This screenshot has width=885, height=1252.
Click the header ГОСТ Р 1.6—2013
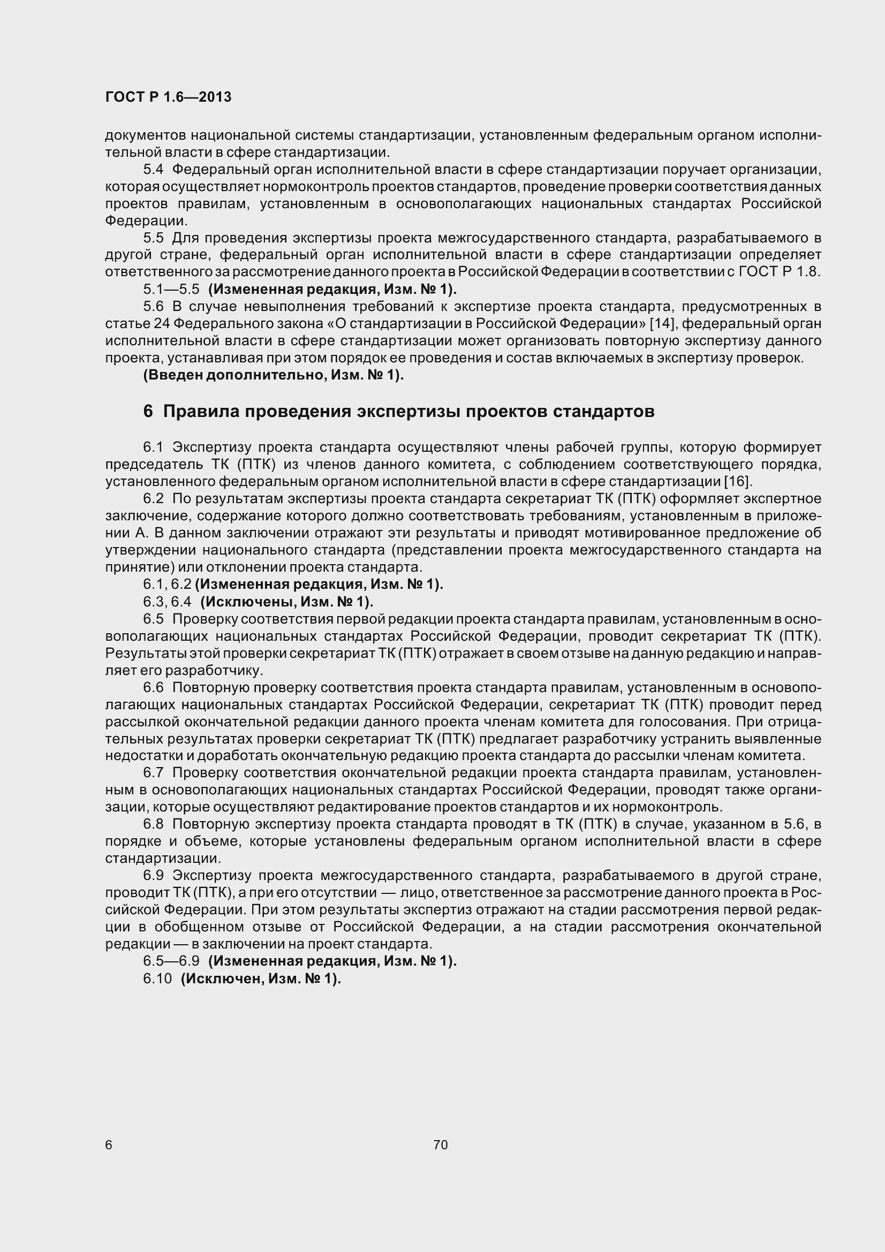pos(168,97)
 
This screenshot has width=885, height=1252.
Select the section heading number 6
pos(148,411)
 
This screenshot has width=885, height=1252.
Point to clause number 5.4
pos(153,170)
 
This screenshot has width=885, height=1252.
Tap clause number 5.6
pos(153,307)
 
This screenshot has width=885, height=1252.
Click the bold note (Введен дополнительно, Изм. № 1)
pos(273,375)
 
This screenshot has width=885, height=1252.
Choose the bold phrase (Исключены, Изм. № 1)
pos(287,602)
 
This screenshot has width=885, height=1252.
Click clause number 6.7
pos(153,773)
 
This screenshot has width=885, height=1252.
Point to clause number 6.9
pos(153,875)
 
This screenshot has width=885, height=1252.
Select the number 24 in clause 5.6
pos(162,324)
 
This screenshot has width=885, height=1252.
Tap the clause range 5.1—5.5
pos(171,289)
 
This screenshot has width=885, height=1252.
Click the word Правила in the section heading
pos(200,411)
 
